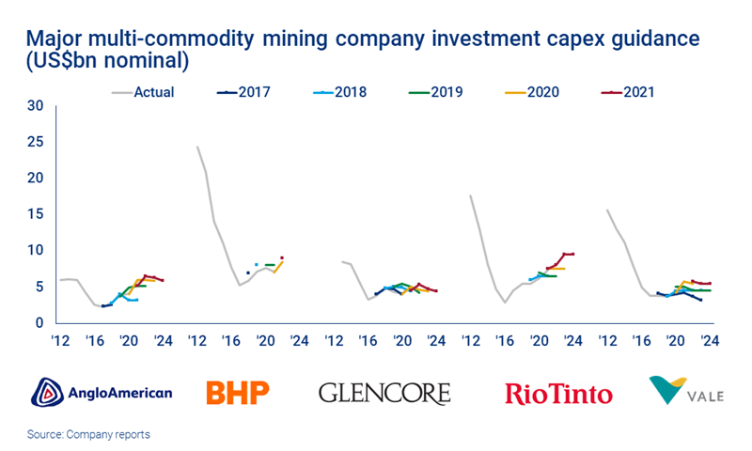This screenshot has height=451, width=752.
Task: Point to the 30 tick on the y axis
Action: click(36, 105)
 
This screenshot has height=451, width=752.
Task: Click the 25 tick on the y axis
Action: click(36, 142)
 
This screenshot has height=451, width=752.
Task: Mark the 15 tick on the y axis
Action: click(36, 214)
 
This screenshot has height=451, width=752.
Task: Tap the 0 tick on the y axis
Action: click(39, 322)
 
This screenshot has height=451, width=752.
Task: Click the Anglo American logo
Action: click(102, 391)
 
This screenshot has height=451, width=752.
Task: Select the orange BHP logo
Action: click(237, 391)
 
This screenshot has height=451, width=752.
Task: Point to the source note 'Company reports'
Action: click(90, 435)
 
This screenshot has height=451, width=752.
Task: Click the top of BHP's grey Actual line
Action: click(196, 147)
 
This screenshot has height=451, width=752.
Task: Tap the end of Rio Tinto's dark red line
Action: click(572, 254)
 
